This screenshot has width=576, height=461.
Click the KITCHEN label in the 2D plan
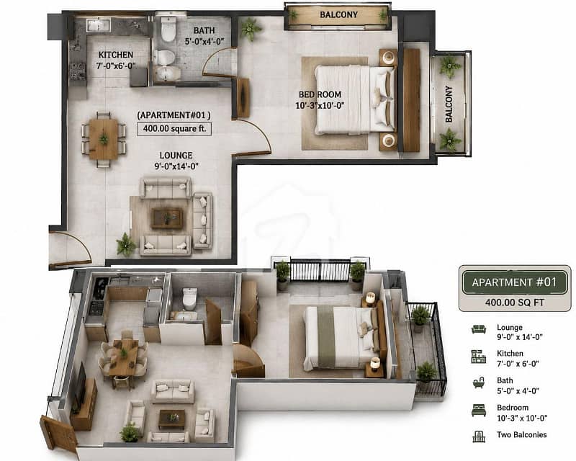point(116,55)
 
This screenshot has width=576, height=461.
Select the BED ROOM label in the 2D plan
point(320,94)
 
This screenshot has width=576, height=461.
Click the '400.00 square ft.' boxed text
point(174,129)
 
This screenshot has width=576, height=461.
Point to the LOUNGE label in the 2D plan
point(176,156)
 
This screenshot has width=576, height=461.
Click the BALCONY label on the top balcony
point(338,14)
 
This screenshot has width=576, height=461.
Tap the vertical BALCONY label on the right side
point(449,104)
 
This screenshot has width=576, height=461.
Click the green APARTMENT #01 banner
point(515,282)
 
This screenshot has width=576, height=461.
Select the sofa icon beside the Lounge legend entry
point(479,329)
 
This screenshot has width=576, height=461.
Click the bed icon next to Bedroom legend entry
point(479,410)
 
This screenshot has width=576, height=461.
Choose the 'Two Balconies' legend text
point(521,435)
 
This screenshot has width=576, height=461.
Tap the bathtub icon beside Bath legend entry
point(479,382)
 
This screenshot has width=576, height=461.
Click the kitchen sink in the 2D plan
point(98,25)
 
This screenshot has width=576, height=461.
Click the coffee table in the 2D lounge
point(167,218)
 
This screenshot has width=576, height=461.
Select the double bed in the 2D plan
point(355,99)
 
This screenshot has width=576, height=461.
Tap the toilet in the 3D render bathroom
point(190,298)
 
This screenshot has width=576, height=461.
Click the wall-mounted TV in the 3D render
point(81,382)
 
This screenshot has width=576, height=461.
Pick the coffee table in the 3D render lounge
point(171,419)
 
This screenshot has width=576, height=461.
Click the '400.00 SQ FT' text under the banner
point(514,303)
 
